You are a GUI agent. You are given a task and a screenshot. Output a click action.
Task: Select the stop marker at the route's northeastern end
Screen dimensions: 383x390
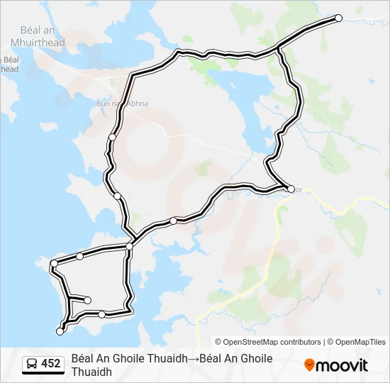(x=338, y=18)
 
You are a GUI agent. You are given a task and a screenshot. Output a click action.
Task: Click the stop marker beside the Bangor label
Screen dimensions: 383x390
(x=291, y=189)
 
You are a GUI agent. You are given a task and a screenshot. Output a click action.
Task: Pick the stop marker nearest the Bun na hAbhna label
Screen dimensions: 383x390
(x=113, y=137)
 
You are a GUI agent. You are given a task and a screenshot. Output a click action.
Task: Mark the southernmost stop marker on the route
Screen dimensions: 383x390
(x=60, y=331)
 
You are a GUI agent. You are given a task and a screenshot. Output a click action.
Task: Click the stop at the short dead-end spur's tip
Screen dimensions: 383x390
(x=88, y=301)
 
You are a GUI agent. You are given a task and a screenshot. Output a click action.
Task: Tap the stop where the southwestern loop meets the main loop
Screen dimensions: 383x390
(x=129, y=246)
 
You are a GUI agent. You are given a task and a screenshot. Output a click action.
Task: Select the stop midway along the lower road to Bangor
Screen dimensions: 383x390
(x=174, y=221)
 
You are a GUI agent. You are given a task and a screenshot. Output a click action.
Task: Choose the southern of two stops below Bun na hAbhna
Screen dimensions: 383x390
(x=117, y=196)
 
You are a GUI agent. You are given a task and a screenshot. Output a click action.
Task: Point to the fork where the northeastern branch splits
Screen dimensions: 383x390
(x=279, y=48)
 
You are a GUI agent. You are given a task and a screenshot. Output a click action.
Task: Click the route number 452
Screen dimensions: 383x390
(x=51, y=364)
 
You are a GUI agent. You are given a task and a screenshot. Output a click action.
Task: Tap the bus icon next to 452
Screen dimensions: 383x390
(x=33, y=364)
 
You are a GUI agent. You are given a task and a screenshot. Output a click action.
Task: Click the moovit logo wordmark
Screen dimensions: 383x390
(x=342, y=366)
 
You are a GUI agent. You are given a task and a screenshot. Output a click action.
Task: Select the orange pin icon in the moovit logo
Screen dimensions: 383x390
(x=309, y=365)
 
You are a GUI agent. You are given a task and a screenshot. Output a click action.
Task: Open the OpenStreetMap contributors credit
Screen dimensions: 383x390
(x=268, y=342)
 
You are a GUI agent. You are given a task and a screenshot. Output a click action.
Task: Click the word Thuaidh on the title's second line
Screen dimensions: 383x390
(x=91, y=372)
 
